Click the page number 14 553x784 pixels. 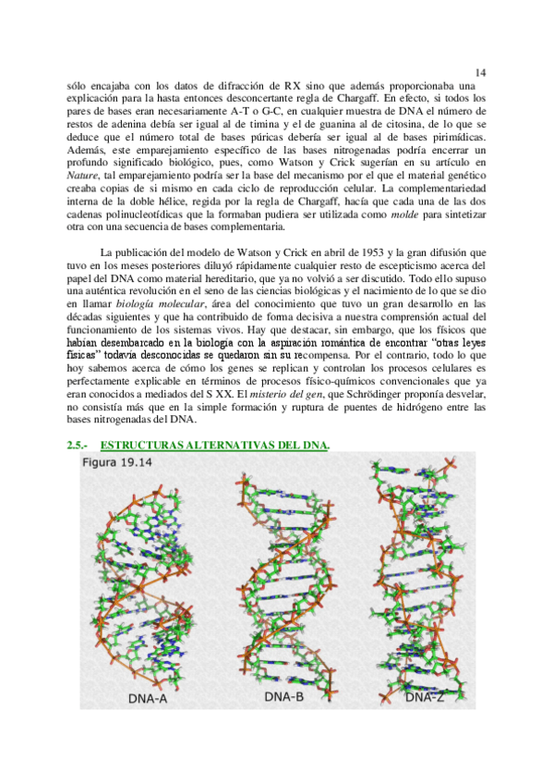click(480, 71)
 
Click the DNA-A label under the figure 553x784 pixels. click(147, 699)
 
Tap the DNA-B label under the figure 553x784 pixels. click(283, 696)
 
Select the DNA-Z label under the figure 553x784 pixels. click(425, 696)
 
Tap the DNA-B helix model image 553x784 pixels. click(283, 573)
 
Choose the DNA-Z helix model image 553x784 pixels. click(425, 573)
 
